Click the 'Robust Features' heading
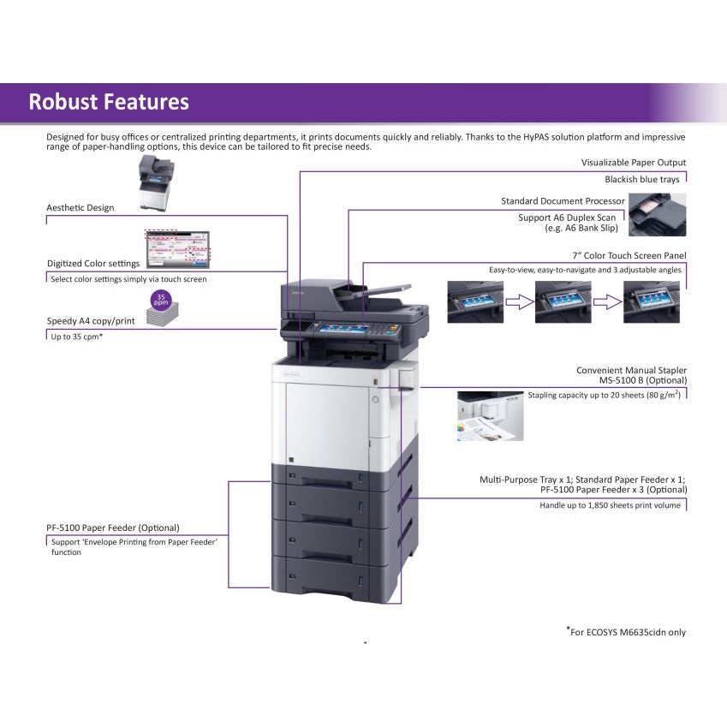[109, 102]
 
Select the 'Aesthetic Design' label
[80, 207]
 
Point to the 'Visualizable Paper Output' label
[633, 162]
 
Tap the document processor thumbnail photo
[657, 214]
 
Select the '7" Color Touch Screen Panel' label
[629, 255]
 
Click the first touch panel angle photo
[474, 301]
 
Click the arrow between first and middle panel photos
[519, 301]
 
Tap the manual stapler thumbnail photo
[490, 416]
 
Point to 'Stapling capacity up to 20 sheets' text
[606, 395]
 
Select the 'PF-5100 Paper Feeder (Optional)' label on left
[113, 527]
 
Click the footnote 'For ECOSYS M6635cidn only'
[626, 632]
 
